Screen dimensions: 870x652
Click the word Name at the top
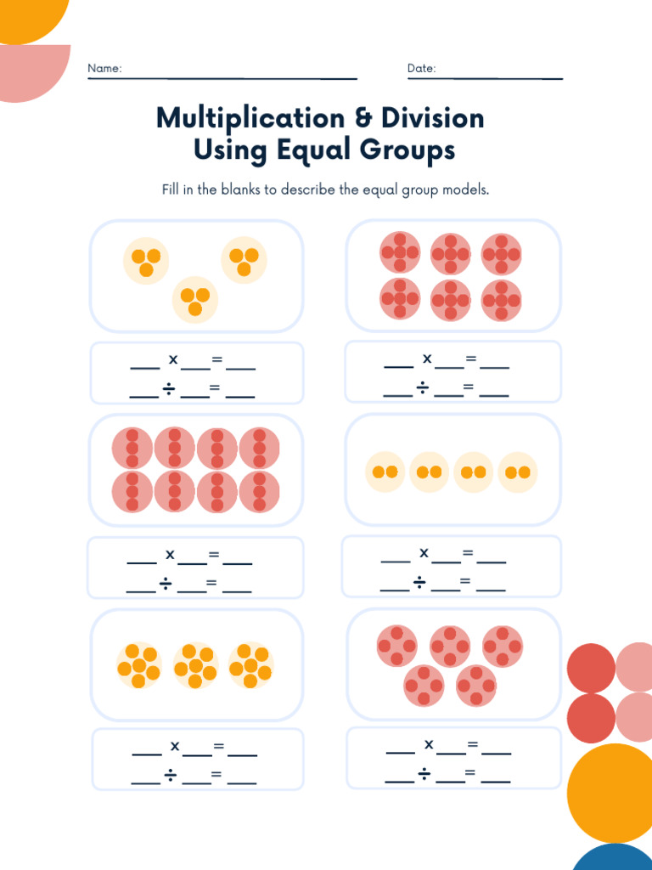click(x=104, y=68)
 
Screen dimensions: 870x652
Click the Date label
click(x=421, y=68)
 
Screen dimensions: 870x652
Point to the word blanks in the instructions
click(x=240, y=189)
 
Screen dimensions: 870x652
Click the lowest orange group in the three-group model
click(x=195, y=300)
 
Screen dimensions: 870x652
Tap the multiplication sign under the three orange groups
click(x=173, y=359)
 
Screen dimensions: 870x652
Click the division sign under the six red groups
click(x=422, y=389)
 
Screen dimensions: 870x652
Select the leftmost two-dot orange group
click(x=385, y=472)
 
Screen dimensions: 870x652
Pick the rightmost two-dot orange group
click(x=518, y=472)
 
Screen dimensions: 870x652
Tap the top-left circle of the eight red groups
click(x=132, y=448)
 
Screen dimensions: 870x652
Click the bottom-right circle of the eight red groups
click(x=259, y=491)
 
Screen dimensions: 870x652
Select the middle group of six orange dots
click(x=195, y=665)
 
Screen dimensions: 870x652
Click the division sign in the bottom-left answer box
click(x=170, y=775)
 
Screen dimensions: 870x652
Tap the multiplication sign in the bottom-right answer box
click(x=429, y=744)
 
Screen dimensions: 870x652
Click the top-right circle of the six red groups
click(x=502, y=253)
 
